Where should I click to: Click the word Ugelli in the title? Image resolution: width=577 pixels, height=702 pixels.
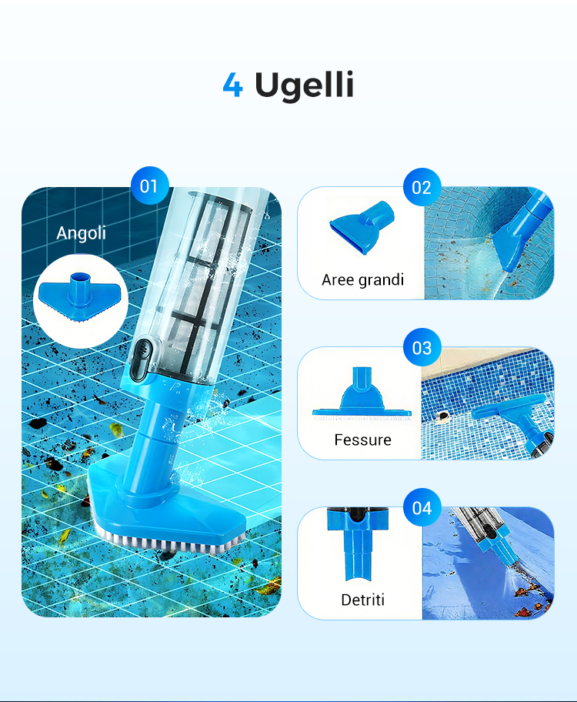point(305,85)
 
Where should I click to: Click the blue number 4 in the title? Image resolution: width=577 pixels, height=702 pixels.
point(233,85)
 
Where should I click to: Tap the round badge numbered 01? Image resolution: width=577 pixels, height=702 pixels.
point(149,186)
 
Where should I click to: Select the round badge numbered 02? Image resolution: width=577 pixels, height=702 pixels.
point(422,187)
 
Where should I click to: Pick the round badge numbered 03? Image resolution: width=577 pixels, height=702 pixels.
point(422,347)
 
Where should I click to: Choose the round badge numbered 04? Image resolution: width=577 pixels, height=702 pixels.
point(422,508)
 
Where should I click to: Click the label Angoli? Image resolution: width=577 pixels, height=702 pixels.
point(81,233)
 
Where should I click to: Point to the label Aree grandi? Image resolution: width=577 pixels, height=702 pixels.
point(362,280)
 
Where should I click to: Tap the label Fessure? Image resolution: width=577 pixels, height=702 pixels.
point(362,440)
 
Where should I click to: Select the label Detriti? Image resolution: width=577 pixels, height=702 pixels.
point(362,600)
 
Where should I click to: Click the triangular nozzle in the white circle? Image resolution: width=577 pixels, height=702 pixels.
point(80,298)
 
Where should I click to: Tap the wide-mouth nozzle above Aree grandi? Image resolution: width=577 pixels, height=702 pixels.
point(362,227)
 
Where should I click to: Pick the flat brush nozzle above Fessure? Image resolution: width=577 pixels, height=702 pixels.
point(362,394)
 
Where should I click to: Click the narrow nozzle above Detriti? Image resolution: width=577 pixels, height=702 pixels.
point(358,544)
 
